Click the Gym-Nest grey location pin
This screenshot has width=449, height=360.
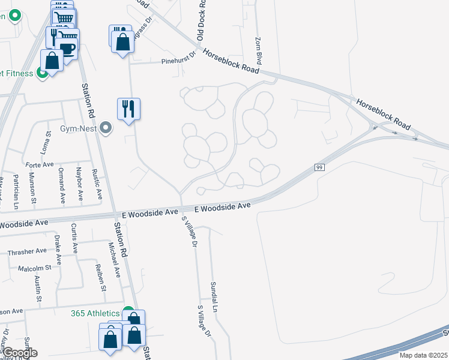106,128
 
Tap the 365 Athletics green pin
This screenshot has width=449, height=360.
128,311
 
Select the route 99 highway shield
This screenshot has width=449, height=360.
319,168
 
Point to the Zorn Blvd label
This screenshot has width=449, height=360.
259,50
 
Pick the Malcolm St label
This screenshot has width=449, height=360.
34,268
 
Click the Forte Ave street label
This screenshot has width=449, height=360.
40,164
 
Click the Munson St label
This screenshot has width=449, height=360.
34,187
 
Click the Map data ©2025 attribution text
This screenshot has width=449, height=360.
423,355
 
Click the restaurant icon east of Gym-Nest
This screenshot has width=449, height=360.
128,109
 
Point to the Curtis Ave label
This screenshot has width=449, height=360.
74,238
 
